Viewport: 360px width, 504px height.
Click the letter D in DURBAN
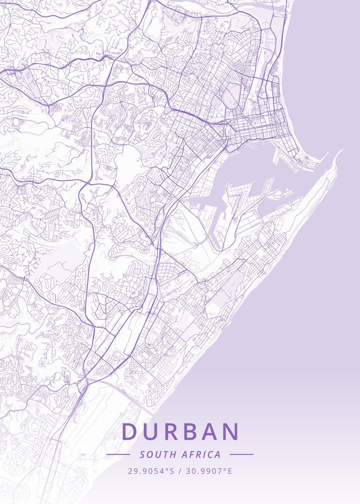pos(130,432)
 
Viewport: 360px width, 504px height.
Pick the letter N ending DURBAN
pos(231,432)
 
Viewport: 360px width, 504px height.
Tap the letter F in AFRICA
pos(192,454)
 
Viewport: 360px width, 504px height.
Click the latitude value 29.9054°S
pos(151,471)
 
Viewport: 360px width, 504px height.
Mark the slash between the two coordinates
pos(179,471)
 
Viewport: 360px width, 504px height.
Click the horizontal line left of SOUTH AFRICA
pos(118,454)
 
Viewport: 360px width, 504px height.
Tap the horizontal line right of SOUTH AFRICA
pos(242,454)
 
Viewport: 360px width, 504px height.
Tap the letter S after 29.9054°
pos(171,471)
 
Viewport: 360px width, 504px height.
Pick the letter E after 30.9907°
pos(230,471)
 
